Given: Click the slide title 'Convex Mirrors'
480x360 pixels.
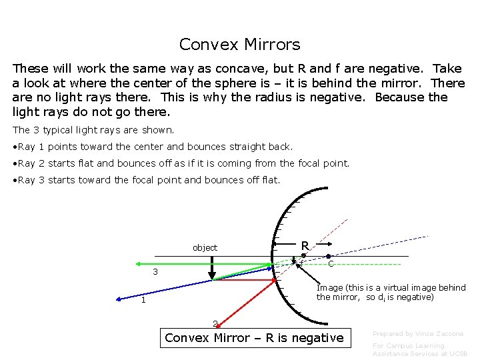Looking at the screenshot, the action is coord(239,45).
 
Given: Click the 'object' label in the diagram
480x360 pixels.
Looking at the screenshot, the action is coord(205,247).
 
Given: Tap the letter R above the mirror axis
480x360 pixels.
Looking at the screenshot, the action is coord(305,245).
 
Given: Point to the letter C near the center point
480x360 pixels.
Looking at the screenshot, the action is coord(331,264).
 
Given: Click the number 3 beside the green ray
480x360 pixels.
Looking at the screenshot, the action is coord(155,272).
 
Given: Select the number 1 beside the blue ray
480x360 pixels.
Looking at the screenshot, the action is coord(143,300).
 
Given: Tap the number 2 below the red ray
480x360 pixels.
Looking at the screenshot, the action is coord(215,324).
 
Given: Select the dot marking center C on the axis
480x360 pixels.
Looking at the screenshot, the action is coord(329,256).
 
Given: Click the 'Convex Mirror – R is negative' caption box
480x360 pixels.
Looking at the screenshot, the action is coord(254,338).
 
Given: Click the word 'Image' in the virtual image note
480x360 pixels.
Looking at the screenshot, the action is coord(330,288).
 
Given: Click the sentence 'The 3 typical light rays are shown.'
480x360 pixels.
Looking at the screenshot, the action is coord(93,130).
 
